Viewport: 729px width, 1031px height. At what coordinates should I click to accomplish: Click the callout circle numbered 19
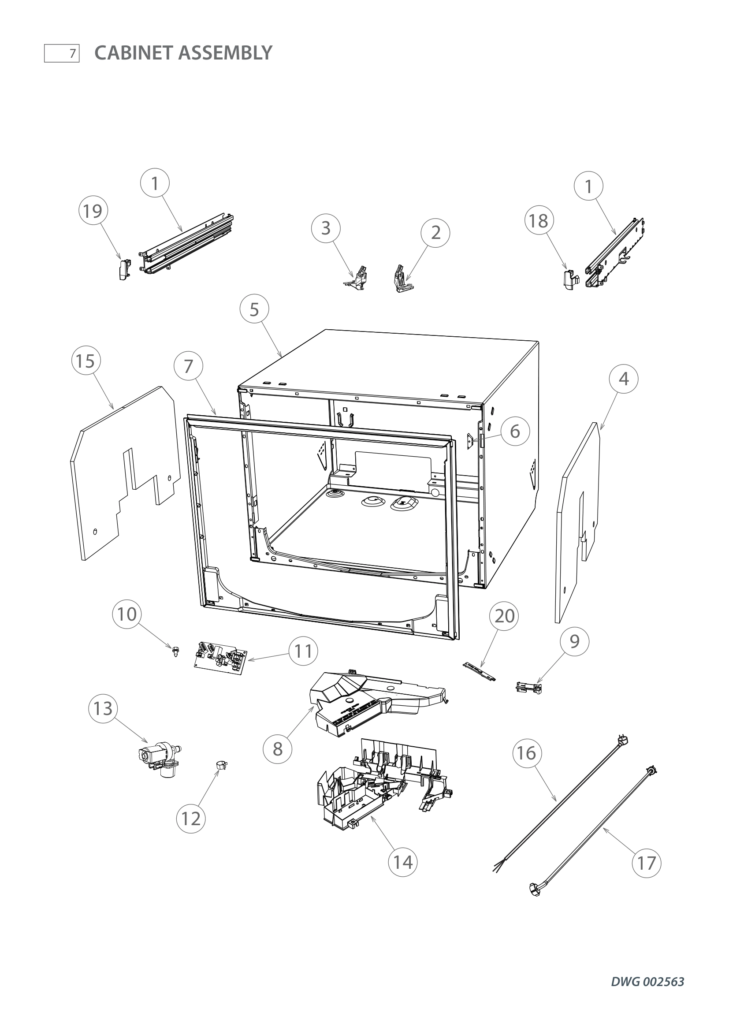93,211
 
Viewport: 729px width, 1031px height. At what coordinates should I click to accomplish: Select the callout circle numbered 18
539,220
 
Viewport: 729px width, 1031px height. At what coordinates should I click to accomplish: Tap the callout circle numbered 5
254,309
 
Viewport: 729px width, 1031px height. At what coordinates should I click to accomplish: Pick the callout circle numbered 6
515,431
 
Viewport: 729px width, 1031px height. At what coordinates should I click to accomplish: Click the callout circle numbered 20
504,616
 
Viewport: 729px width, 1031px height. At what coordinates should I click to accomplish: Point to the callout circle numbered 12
191,819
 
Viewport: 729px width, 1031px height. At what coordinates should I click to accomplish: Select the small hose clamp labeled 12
221,765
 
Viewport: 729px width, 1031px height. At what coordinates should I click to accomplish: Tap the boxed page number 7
62,53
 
